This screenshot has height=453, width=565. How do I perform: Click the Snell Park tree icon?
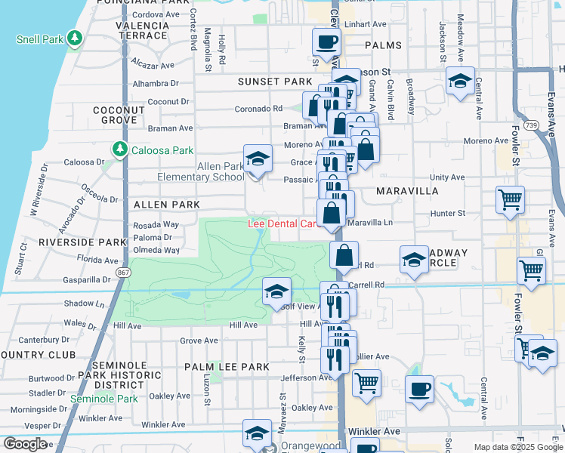coord(74,39)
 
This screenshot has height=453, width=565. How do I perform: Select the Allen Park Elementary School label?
coord(200,171)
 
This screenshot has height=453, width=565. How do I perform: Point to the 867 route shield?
coord(122,271)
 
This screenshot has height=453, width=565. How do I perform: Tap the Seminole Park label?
coord(103,398)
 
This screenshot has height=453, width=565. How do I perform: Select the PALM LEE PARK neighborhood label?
coord(227,367)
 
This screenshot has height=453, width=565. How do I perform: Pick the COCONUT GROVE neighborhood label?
coord(119,115)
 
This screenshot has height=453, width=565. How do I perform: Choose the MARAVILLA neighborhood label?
coord(407,191)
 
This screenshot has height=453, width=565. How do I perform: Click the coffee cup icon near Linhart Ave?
coord(326,42)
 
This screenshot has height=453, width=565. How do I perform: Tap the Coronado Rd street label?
coord(258,109)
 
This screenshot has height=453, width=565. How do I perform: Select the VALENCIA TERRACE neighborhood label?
coord(141,30)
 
